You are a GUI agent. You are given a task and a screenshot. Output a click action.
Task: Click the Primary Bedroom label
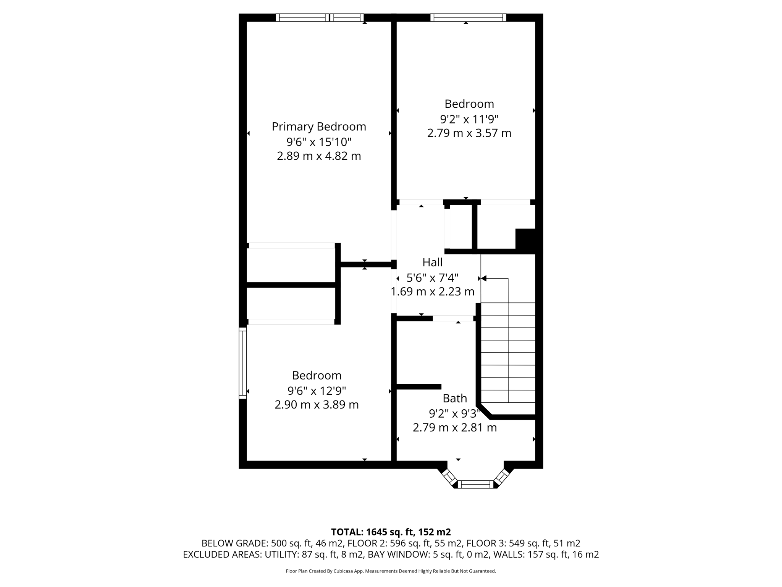319,126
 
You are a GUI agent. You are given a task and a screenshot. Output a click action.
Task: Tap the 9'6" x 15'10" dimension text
319,142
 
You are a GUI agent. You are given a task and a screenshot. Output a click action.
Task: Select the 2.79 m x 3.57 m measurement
469,133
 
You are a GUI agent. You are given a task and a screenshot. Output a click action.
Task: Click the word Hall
432,262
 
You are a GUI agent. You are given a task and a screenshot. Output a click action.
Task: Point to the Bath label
454,398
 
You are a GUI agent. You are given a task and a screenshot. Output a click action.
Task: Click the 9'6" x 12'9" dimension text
317,391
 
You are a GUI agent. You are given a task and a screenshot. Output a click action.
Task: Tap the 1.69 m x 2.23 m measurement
432,292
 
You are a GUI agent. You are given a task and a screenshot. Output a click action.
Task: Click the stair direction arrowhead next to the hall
484,279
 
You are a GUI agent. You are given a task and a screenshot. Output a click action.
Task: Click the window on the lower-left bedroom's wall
242,363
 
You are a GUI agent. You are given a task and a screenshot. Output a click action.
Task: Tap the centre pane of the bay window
475,485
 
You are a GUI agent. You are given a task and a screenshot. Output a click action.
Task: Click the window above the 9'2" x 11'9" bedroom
468,18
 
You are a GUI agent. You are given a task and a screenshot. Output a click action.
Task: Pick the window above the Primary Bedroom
320,18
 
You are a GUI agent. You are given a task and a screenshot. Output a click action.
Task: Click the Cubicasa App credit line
391,571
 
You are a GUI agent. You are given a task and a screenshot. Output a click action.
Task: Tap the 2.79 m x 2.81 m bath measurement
454,428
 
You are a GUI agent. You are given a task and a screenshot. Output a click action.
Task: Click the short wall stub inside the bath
419,387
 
